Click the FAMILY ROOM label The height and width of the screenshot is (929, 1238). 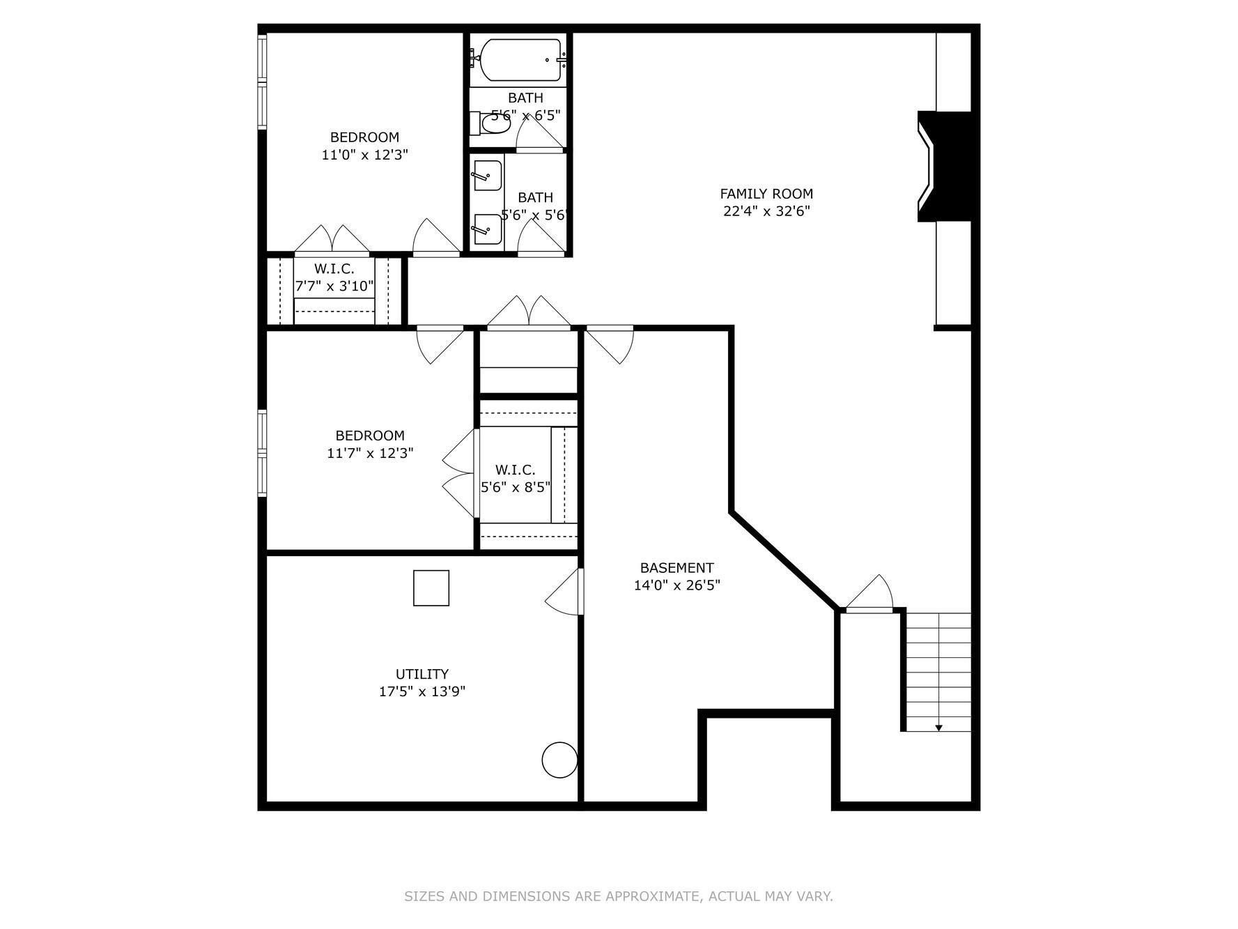[x=766, y=194]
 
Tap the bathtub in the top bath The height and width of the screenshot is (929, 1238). [x=520, y=61]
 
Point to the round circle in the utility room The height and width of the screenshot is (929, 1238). [x=559, y=760]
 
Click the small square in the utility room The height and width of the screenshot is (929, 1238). [x=431, y=588]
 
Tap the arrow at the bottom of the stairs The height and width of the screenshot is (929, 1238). [x=938, y=728]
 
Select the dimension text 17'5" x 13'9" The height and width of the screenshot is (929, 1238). [x=422, y=691]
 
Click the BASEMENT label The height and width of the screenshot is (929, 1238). [x=676, y=567]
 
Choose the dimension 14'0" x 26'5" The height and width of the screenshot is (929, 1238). [x=676, y=585]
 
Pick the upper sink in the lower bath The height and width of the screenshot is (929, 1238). [x=486, y=175]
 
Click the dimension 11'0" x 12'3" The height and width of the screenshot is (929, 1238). [x=364, y=155]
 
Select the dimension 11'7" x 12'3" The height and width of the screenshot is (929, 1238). [x=370, y=453]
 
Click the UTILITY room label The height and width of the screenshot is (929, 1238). [x=422, y=674]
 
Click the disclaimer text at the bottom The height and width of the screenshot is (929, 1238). [x=619, y=896]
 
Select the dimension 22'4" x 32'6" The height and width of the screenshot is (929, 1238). [x=766, y=211]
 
